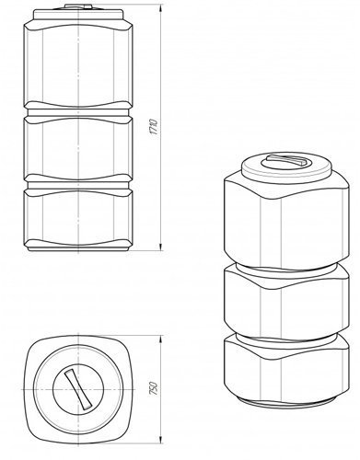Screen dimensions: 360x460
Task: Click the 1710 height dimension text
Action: point(154,128)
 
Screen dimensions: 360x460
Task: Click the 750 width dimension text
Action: point(154,388)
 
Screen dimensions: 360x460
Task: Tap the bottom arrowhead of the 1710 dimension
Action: point(160,247)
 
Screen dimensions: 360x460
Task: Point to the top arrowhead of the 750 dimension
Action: point(160,339)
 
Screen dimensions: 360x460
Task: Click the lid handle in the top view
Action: point(78,389)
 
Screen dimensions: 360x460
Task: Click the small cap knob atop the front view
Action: point(78,6)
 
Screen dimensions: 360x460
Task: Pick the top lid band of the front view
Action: point(78,15)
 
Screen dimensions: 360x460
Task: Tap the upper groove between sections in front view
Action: point(78,112)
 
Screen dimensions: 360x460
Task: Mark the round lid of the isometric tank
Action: point(287,166)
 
